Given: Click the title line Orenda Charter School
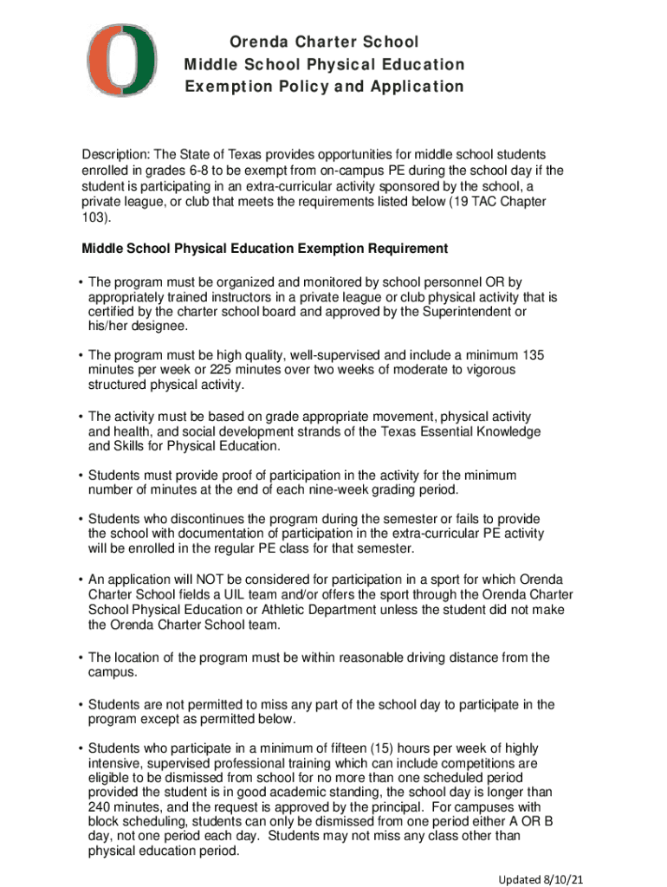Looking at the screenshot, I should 324,42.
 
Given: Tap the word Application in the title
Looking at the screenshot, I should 419,87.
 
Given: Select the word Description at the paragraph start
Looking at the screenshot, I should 116,154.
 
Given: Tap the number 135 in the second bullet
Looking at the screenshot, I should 533,355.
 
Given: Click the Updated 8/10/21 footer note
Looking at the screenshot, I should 540,878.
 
